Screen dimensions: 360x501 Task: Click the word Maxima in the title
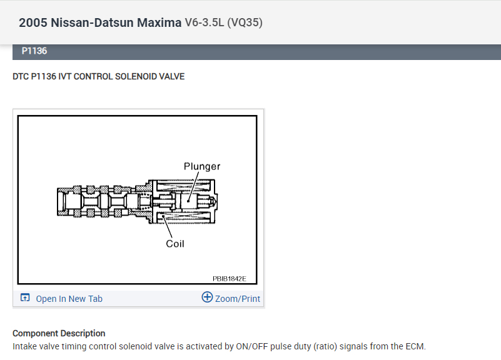click(x=160, y=22)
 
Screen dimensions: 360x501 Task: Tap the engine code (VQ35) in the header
click(x=245, y=22)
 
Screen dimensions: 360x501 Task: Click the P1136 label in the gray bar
click(x=34, y=51)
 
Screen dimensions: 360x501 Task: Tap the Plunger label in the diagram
click(x=201, y=166)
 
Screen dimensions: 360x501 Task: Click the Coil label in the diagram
click(x=175, y=244)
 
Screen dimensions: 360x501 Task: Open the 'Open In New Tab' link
click(x=69, y=299)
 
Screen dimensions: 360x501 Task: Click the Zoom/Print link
click(x=237, y=299)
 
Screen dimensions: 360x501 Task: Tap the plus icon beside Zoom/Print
click(x=207, y=297)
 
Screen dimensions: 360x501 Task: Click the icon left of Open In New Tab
click(x=25, y=298)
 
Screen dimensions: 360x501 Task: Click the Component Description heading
click(x=59, y=333)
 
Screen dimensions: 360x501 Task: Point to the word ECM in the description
click(x=415, y=346)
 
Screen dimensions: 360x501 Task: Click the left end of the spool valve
click(x=59, y=203)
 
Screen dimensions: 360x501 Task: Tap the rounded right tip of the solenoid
click(x=216, y=202)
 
